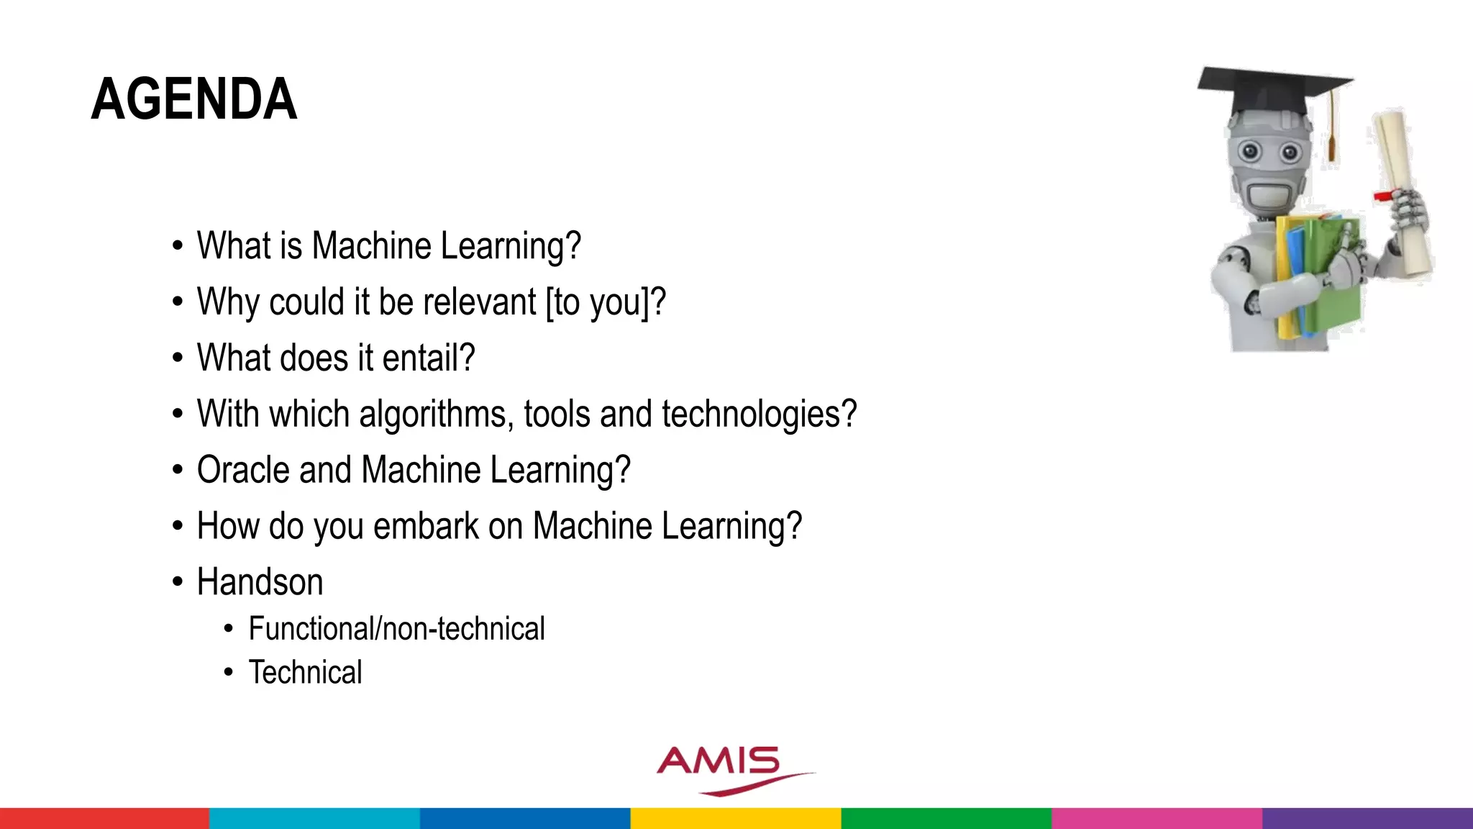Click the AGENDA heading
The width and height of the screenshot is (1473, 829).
[x=194, y=99]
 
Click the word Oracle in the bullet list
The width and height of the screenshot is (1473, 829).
[x=243, y=470]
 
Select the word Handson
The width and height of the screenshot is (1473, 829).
[x=260, y=582]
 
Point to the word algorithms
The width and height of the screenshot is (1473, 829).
[x=436, y=414]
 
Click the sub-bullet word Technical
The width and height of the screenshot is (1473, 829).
[x=305, y=673]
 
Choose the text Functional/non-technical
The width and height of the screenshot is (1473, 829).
[x=396, y=629]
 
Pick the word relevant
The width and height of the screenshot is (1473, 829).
[x=479, y=302]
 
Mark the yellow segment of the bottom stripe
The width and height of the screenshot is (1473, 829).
[x=736, y=818]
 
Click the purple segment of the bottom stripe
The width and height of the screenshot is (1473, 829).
[x=1367, y=818]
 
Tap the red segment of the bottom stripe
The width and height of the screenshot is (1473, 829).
[x=104, y=818]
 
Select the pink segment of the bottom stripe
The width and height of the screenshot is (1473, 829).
[x=1157, y=818]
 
